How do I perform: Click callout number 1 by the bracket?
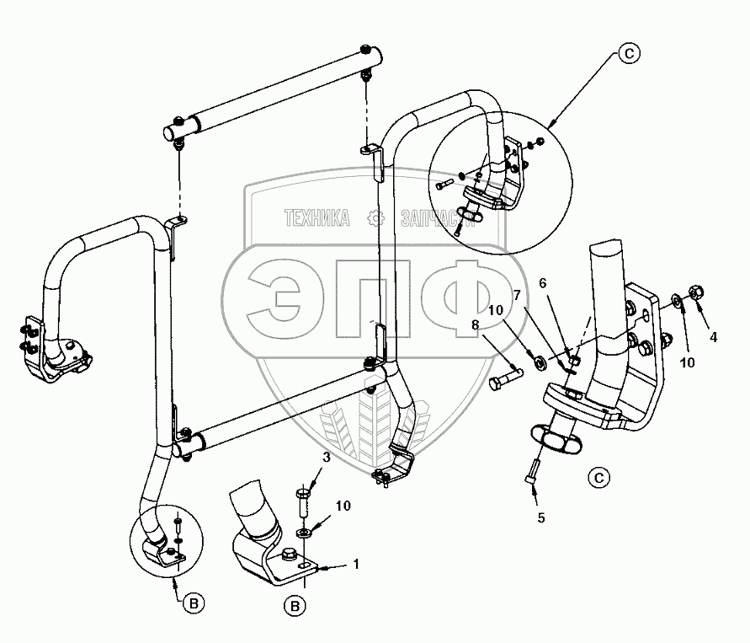[356, 565]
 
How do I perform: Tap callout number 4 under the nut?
[713, 337]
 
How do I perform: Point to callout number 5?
[540, 518]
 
